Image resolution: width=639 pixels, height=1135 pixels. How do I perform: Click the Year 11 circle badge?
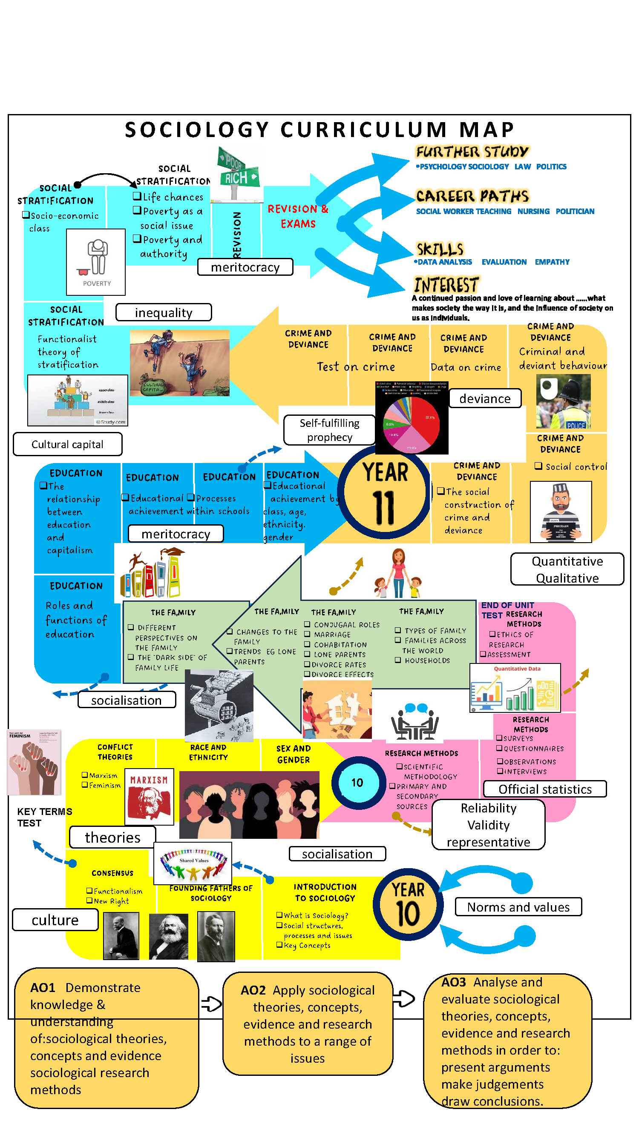pyautogui.click(x=385, y=492)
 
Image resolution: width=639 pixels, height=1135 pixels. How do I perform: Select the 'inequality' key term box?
pyautogui.click(x=163, y=312)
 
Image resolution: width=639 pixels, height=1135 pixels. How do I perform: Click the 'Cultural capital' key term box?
pyautogui.click(x=67, y=444)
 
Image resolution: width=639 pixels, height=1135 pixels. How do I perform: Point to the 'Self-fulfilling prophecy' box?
pyautogui.click(x=329, y=429)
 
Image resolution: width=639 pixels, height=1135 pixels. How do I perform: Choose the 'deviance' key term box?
pyautogui.click(x=485, y=398)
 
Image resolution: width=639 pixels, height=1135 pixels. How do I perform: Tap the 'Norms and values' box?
pyautogui.click(x=518, y=907)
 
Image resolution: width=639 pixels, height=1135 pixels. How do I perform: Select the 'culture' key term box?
pyautogui.click(x=55, y=920)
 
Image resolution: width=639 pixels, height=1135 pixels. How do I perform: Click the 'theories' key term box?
pyautogui.click(x=112, y=837)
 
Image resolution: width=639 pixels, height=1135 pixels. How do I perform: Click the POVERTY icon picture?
pyautogui.click(x=96, y=262)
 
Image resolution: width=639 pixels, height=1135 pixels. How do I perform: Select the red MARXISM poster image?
pyautogui.click(x=149, y=796)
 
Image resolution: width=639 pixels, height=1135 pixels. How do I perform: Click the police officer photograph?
pyautogui.click(x=563, y=401)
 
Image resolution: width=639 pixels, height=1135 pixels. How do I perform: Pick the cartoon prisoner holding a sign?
pyautogui.click(x=561, y=512)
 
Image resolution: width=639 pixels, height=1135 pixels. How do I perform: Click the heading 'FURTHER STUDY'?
pyautogui.click(x=472, y=152)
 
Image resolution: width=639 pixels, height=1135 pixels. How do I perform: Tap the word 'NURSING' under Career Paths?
pyautogui.click(x=533, y=212)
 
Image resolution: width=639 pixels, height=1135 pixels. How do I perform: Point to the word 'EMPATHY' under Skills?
pyautogui.click(x=552, y=262)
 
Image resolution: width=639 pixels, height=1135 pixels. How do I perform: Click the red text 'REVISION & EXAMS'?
pyautogui.click(x=298, y=216)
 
